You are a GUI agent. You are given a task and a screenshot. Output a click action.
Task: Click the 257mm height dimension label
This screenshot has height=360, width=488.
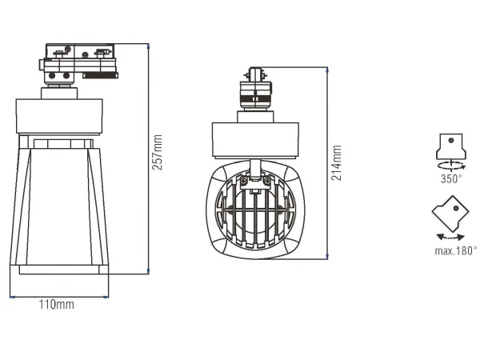click(x=158, y=152)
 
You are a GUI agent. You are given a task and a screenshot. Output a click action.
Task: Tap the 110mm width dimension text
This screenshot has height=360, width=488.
click(x=57, y=305)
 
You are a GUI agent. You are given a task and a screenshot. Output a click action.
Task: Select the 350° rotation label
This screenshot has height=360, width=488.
click(x=451, y=179)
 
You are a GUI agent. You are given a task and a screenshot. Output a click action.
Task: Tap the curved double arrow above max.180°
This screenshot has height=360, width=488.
click(x=450, y=238)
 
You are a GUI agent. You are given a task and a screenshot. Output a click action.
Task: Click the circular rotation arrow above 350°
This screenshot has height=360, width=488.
click(x=452, y=164)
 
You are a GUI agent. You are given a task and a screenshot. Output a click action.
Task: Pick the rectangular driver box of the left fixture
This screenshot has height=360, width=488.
click(x=62, y=115)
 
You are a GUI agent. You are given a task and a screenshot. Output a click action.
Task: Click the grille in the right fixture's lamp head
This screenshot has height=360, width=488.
click(x=255, y=210)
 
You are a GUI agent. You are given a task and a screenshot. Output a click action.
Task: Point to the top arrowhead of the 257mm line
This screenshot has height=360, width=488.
click(x=150, y=46)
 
